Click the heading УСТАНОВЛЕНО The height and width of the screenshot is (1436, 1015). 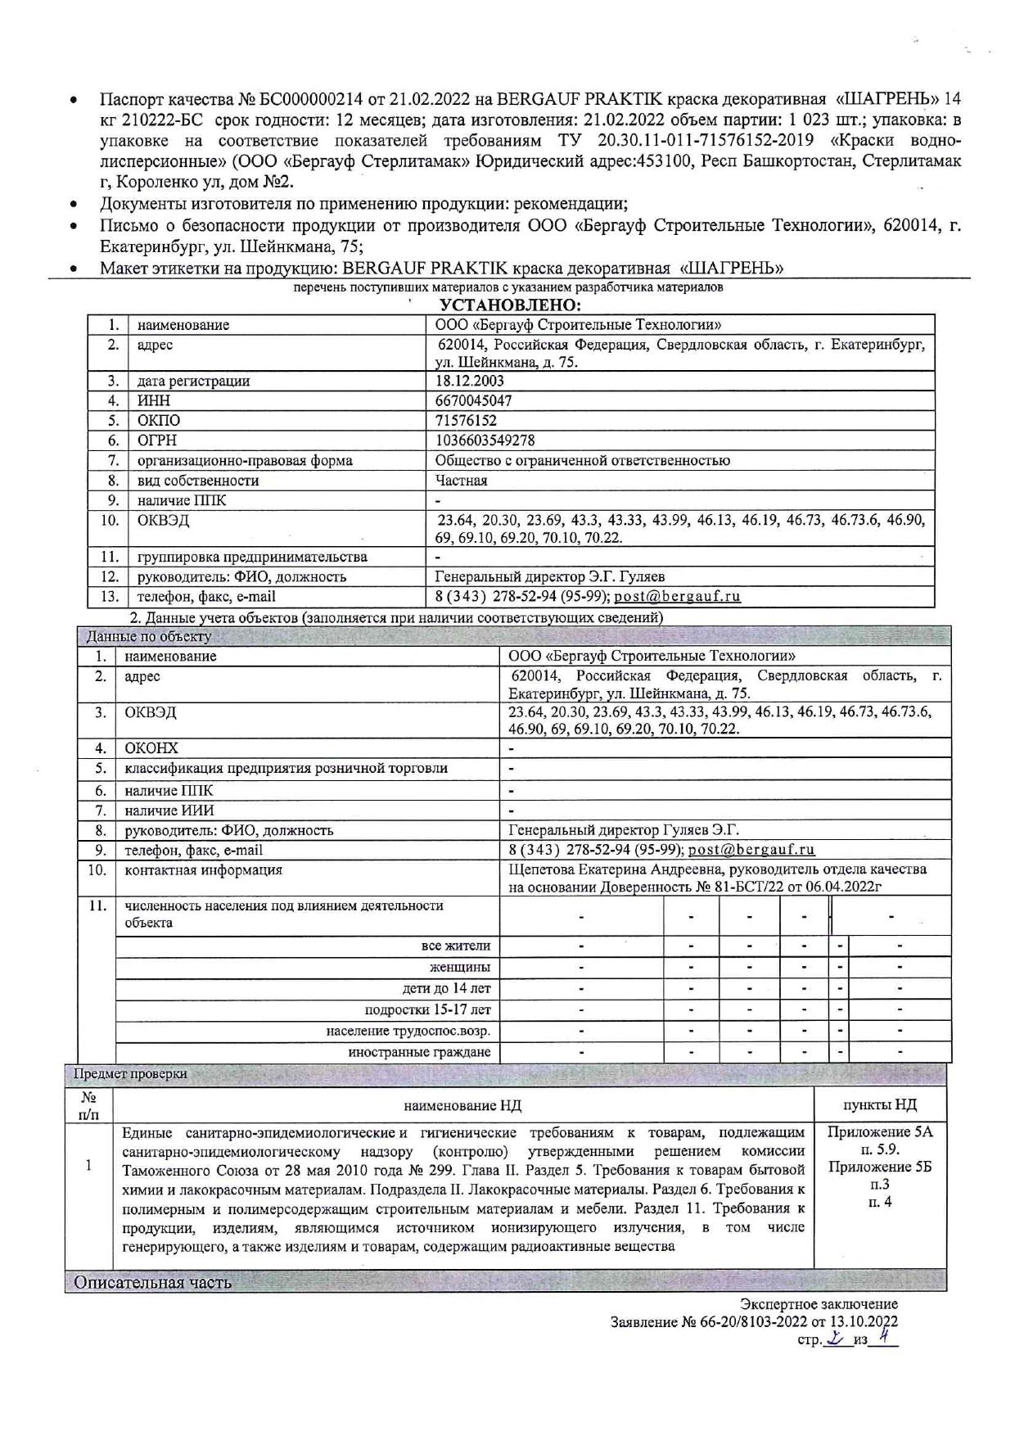tap(510, 305)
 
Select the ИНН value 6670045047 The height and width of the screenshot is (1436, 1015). tap(474, 400)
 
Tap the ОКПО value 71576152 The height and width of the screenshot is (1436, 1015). tap(466, 421)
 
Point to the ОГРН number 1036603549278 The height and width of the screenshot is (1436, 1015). tap(485, 440)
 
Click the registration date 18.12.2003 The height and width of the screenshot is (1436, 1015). tap(470, 381)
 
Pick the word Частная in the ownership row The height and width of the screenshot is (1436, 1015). tap(461, 481)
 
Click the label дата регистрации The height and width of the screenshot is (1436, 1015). tap(193, 381)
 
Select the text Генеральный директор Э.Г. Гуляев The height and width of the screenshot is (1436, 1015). tap(544, 576)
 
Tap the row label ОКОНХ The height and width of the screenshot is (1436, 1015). tap(151, 748)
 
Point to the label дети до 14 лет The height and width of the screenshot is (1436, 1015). tap(446, 988)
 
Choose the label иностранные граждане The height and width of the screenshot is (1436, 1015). tap(419, 1052)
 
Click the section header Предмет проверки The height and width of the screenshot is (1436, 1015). tap(130, 1073)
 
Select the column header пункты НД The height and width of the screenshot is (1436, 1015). tap(880, 1104)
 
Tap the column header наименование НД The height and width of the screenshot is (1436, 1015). tap(462, 1105)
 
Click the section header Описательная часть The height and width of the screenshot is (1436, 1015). tap(152, 1282)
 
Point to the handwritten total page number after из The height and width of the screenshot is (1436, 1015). tap(883, 1336)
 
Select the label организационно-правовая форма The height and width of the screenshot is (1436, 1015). tap(245, 460)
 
